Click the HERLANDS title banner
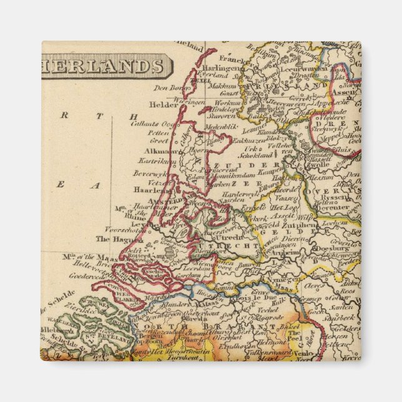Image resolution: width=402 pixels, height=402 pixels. [105, 66]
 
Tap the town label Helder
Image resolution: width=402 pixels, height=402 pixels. [164, 105]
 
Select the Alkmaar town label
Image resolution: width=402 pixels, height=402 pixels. [157, 151]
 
